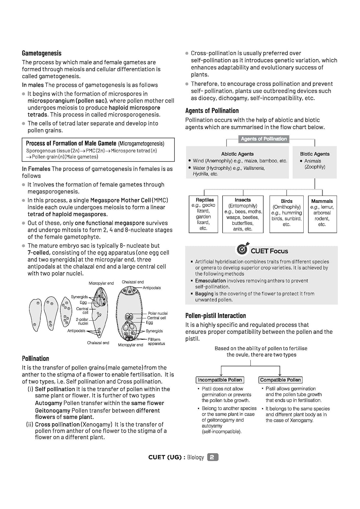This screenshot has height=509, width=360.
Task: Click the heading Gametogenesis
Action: coord(41,53)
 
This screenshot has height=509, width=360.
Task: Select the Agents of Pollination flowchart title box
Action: coord(264,139)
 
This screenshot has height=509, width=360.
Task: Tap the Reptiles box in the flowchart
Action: coord(203,214)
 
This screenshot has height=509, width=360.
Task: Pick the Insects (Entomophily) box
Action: coord(242,214)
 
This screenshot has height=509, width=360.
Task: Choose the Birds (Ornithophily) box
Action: coord(286,214)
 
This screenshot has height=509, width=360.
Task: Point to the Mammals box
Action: coord(322,214)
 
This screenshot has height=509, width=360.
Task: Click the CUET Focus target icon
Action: coord(242,249)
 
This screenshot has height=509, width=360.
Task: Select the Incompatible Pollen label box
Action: coord(220,380)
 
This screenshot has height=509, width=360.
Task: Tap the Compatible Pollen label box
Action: coord(280,380)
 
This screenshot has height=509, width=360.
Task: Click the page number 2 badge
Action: coord(212,457)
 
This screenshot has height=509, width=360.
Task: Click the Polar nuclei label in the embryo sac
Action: coord(158,313)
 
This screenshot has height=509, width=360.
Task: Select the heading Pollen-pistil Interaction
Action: coord(215,316)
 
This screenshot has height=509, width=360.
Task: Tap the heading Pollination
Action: coord(35,359)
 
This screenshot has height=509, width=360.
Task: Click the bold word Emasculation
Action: coord(210,281)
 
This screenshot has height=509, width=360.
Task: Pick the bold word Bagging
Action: coord(204,294)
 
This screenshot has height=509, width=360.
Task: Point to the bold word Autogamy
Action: coord(48,403)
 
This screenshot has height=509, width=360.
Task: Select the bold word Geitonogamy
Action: coord(53,411)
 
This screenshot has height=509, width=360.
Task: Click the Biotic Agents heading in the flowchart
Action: coord(314,154)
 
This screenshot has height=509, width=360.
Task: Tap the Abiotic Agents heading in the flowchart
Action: coord(237,154)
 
